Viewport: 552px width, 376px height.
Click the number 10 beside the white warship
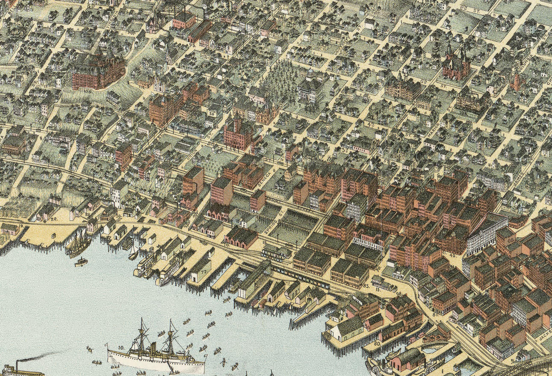(x=121, y=348)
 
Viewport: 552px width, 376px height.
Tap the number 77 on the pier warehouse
(x=204, y=271)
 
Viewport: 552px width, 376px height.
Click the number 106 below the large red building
(x=89, y=91)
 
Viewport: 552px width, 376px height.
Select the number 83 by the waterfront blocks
(x=366, y=285)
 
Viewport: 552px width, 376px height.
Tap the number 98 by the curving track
(x=399, y=294)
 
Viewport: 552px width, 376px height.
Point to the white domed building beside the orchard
(x=311, y=88)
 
